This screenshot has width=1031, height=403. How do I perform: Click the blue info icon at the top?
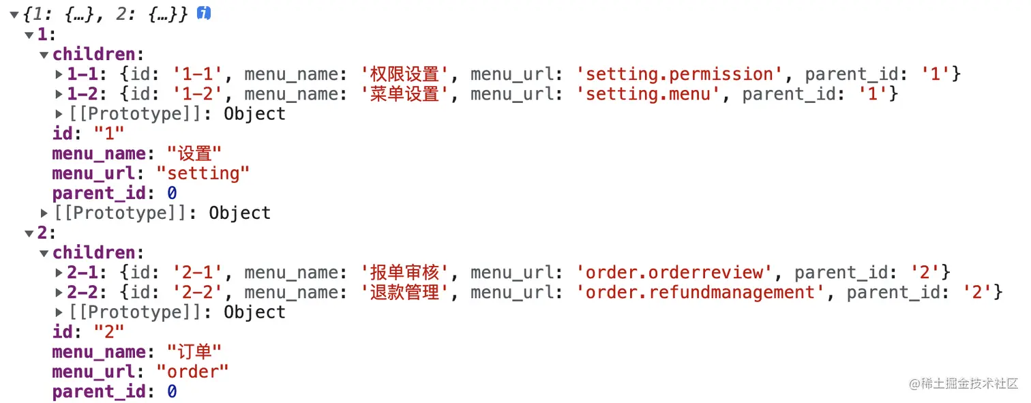[204, 13]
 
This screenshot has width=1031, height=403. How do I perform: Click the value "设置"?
[194, 153]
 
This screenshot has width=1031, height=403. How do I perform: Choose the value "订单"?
[194, 352]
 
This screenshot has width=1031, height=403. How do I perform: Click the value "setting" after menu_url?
[203, 173]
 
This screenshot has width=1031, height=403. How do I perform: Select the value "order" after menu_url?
[193, 372]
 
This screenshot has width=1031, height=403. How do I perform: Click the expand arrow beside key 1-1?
[59, 74]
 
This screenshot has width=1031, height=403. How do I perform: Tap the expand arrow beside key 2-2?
[59, 293]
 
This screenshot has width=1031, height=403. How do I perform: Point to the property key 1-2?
[84, 93]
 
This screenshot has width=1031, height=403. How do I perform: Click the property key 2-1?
[84, 273]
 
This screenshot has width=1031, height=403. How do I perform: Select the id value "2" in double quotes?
[109, 332]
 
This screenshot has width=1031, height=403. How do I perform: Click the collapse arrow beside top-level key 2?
[29, 233]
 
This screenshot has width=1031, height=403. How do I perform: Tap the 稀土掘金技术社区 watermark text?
[969, 383]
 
